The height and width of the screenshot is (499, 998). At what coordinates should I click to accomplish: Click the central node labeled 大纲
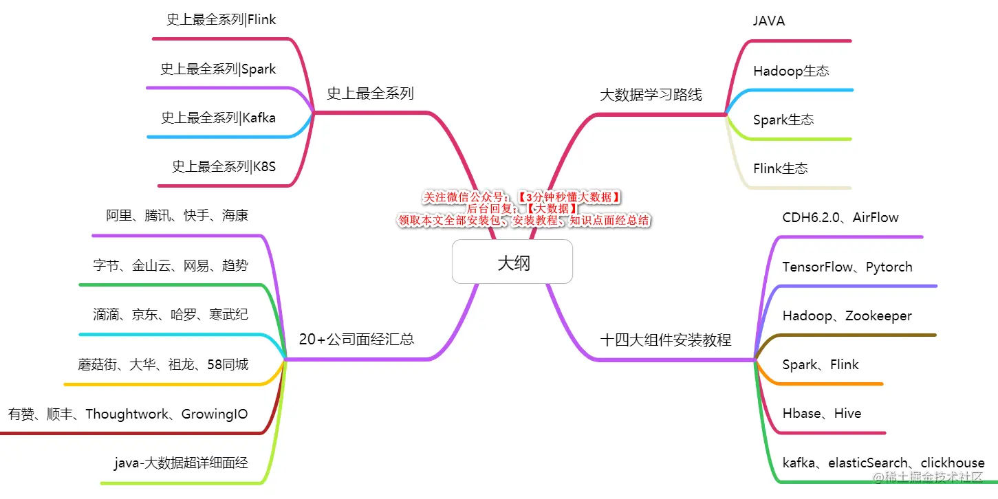512,262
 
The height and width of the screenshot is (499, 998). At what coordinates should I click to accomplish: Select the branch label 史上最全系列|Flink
221,20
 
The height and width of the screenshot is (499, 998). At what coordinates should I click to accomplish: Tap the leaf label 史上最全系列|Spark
218,69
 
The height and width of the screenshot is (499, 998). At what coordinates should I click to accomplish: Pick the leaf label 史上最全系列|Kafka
218,118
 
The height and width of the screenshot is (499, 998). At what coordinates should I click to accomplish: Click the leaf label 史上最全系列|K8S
224,166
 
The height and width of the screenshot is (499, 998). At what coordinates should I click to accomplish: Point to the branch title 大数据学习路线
651,95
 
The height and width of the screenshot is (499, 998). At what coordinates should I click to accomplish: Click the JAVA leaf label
768,21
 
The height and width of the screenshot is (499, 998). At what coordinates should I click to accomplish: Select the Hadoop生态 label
791,71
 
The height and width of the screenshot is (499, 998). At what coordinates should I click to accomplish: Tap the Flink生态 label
780,168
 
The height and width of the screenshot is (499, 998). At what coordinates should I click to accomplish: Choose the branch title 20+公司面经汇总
356,339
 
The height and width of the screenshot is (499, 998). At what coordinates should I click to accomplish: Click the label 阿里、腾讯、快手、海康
177,216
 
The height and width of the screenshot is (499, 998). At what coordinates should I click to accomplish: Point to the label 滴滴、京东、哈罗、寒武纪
171,315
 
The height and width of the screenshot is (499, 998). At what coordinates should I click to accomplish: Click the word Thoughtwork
127,414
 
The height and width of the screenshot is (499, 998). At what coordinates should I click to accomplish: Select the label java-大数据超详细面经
181,463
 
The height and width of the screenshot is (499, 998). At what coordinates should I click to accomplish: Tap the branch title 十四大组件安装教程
665,340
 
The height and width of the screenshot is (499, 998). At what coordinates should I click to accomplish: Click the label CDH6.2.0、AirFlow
840,218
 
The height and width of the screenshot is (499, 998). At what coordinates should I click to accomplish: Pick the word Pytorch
889,267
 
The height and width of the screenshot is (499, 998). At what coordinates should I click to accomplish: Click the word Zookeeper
878,316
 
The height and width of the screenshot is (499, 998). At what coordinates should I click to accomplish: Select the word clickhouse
952,463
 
